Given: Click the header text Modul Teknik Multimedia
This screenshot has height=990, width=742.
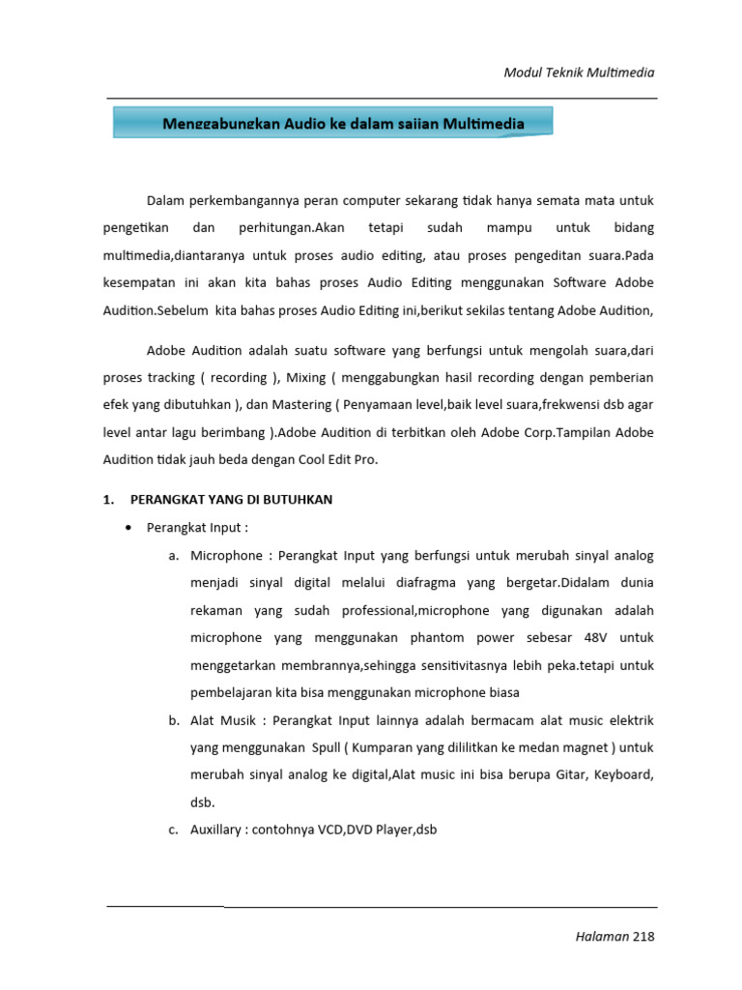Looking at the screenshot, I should [x=581, y=73].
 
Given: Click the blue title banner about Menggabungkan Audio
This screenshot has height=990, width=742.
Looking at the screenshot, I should [x=333, y=123].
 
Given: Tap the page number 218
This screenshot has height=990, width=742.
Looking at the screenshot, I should [x=642, y=936].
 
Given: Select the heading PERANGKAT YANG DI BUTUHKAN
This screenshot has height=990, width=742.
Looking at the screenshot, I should [x=232, y=500].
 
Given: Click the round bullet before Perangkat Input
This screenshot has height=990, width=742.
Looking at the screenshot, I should [x=129, y=528].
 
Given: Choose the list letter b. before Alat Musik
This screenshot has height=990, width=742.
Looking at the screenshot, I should [x=174, y=720].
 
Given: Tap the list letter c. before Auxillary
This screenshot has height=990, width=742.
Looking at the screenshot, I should [x=174, y=830].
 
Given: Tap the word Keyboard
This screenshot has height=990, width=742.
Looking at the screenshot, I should [x=623, y=775].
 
